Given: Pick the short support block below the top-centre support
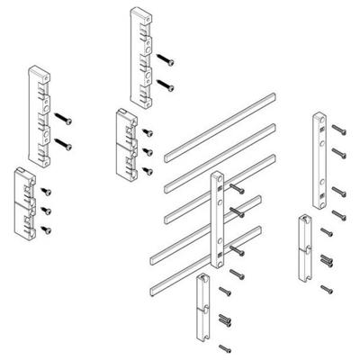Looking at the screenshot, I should pos(127,141).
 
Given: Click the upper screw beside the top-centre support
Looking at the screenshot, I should pos(166,58).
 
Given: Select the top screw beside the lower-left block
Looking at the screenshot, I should pos(44,191).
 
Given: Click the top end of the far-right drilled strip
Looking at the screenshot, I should pos(319,117).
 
